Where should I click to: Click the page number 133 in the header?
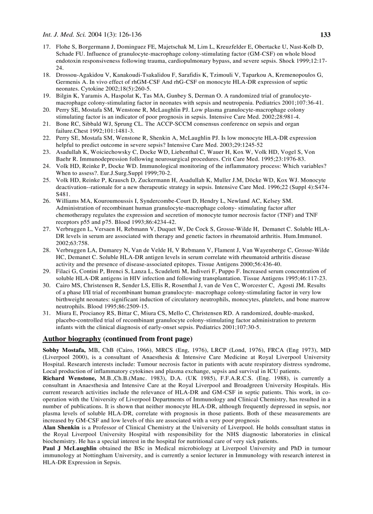(325, 35)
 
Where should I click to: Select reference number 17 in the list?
(46, 47)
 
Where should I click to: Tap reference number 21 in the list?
(46, 124)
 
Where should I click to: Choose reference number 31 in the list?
(46, 314)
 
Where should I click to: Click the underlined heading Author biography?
(72, 339)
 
